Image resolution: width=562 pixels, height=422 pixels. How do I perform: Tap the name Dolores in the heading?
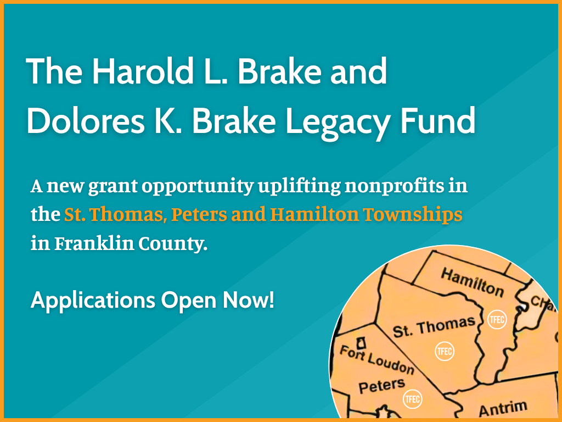(86, 120)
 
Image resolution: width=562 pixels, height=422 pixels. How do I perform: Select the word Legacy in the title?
(337, 122)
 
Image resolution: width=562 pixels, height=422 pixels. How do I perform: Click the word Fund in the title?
(437, 120)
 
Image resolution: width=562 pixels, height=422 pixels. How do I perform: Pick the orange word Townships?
(412, 215)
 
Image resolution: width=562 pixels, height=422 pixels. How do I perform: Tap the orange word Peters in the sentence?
(199, 215)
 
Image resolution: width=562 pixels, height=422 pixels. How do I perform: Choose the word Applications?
(93, 301)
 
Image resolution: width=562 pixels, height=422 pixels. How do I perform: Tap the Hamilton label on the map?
(472, 282)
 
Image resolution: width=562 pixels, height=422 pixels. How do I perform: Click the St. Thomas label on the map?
(434, 327)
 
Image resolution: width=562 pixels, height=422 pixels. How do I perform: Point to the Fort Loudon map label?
(376, 360)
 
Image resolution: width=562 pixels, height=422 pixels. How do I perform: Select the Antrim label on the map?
(503, 408)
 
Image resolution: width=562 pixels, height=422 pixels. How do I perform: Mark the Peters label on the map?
(382, 386)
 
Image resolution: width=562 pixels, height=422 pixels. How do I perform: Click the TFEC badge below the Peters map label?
(413, 399)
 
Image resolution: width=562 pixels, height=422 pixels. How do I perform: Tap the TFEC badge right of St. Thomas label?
(497, 319)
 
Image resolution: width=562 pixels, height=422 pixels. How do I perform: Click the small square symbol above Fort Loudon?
(362, 343)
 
